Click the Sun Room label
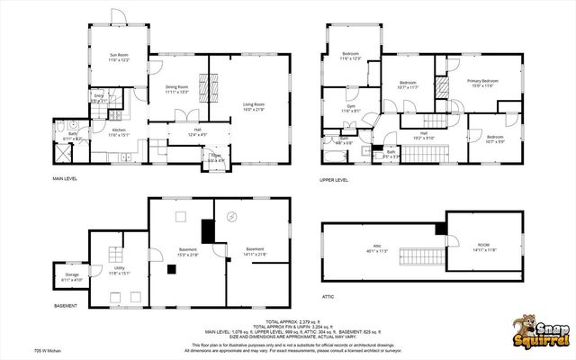120,58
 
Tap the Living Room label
254,107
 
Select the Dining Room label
176,88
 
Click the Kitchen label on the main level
120,131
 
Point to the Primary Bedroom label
483,83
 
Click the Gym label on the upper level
352,108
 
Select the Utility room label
120,269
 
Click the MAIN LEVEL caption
65,179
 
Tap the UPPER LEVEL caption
335,179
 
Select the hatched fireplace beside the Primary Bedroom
441,87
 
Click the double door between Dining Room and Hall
184,117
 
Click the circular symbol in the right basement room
231,216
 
